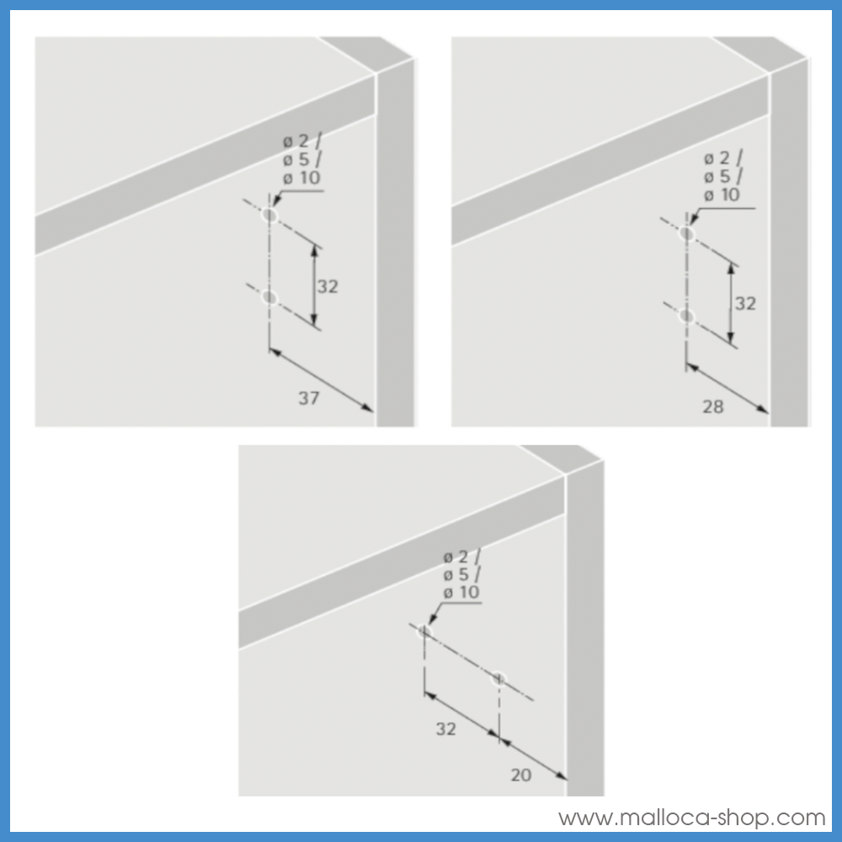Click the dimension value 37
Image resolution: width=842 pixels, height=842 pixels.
(309, 398)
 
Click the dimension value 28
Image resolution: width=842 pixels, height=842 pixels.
(712, 407)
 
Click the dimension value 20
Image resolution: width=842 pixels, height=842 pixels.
(521, 775)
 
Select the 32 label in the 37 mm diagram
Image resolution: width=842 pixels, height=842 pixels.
(328, 286)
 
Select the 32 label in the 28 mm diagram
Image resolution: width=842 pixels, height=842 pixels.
(745, 303)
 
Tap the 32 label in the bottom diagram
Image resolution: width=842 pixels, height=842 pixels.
(445, 729)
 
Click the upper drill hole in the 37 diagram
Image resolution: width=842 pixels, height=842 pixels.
(269, 216)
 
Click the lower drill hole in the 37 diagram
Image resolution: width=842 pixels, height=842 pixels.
(269, 297)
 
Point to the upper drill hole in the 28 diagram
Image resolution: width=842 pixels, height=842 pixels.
(687, 233)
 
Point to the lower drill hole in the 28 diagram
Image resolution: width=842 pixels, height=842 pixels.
(687, 316)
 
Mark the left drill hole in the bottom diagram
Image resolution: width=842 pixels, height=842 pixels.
(424, 631)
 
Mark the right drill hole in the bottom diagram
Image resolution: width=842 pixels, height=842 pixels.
(499, 678)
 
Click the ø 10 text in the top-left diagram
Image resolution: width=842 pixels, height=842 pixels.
(301, 178)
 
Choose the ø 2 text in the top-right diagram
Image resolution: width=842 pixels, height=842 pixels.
(722, 158)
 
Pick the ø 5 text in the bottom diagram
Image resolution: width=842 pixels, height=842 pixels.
(461, 574)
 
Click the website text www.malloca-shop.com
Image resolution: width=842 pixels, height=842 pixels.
(691, 818)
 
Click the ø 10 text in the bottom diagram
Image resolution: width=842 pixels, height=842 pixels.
(461, 592)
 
